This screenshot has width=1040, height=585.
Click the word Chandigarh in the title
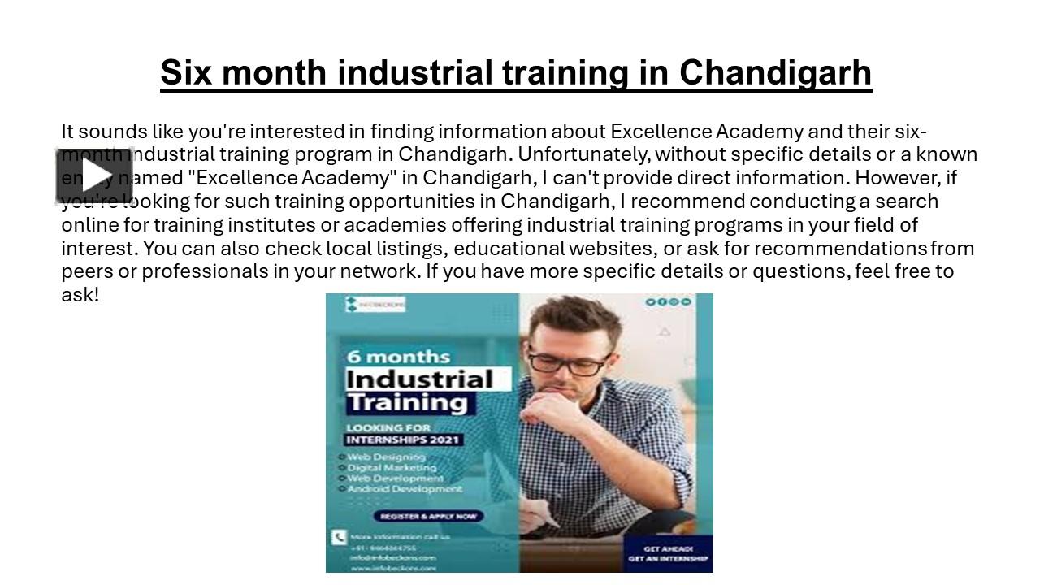(775, 72)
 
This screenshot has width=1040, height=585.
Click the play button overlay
(93, 175)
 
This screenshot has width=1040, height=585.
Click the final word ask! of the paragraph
(80, 294)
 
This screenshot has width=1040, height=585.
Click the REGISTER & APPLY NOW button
(428, 516)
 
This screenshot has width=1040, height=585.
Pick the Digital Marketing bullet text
(392, 467)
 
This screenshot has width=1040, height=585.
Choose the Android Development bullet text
(404, 489)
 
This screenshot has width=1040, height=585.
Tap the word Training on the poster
(406, 402)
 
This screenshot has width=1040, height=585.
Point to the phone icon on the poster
(339, 537)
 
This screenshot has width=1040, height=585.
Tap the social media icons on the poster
(668, 302)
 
